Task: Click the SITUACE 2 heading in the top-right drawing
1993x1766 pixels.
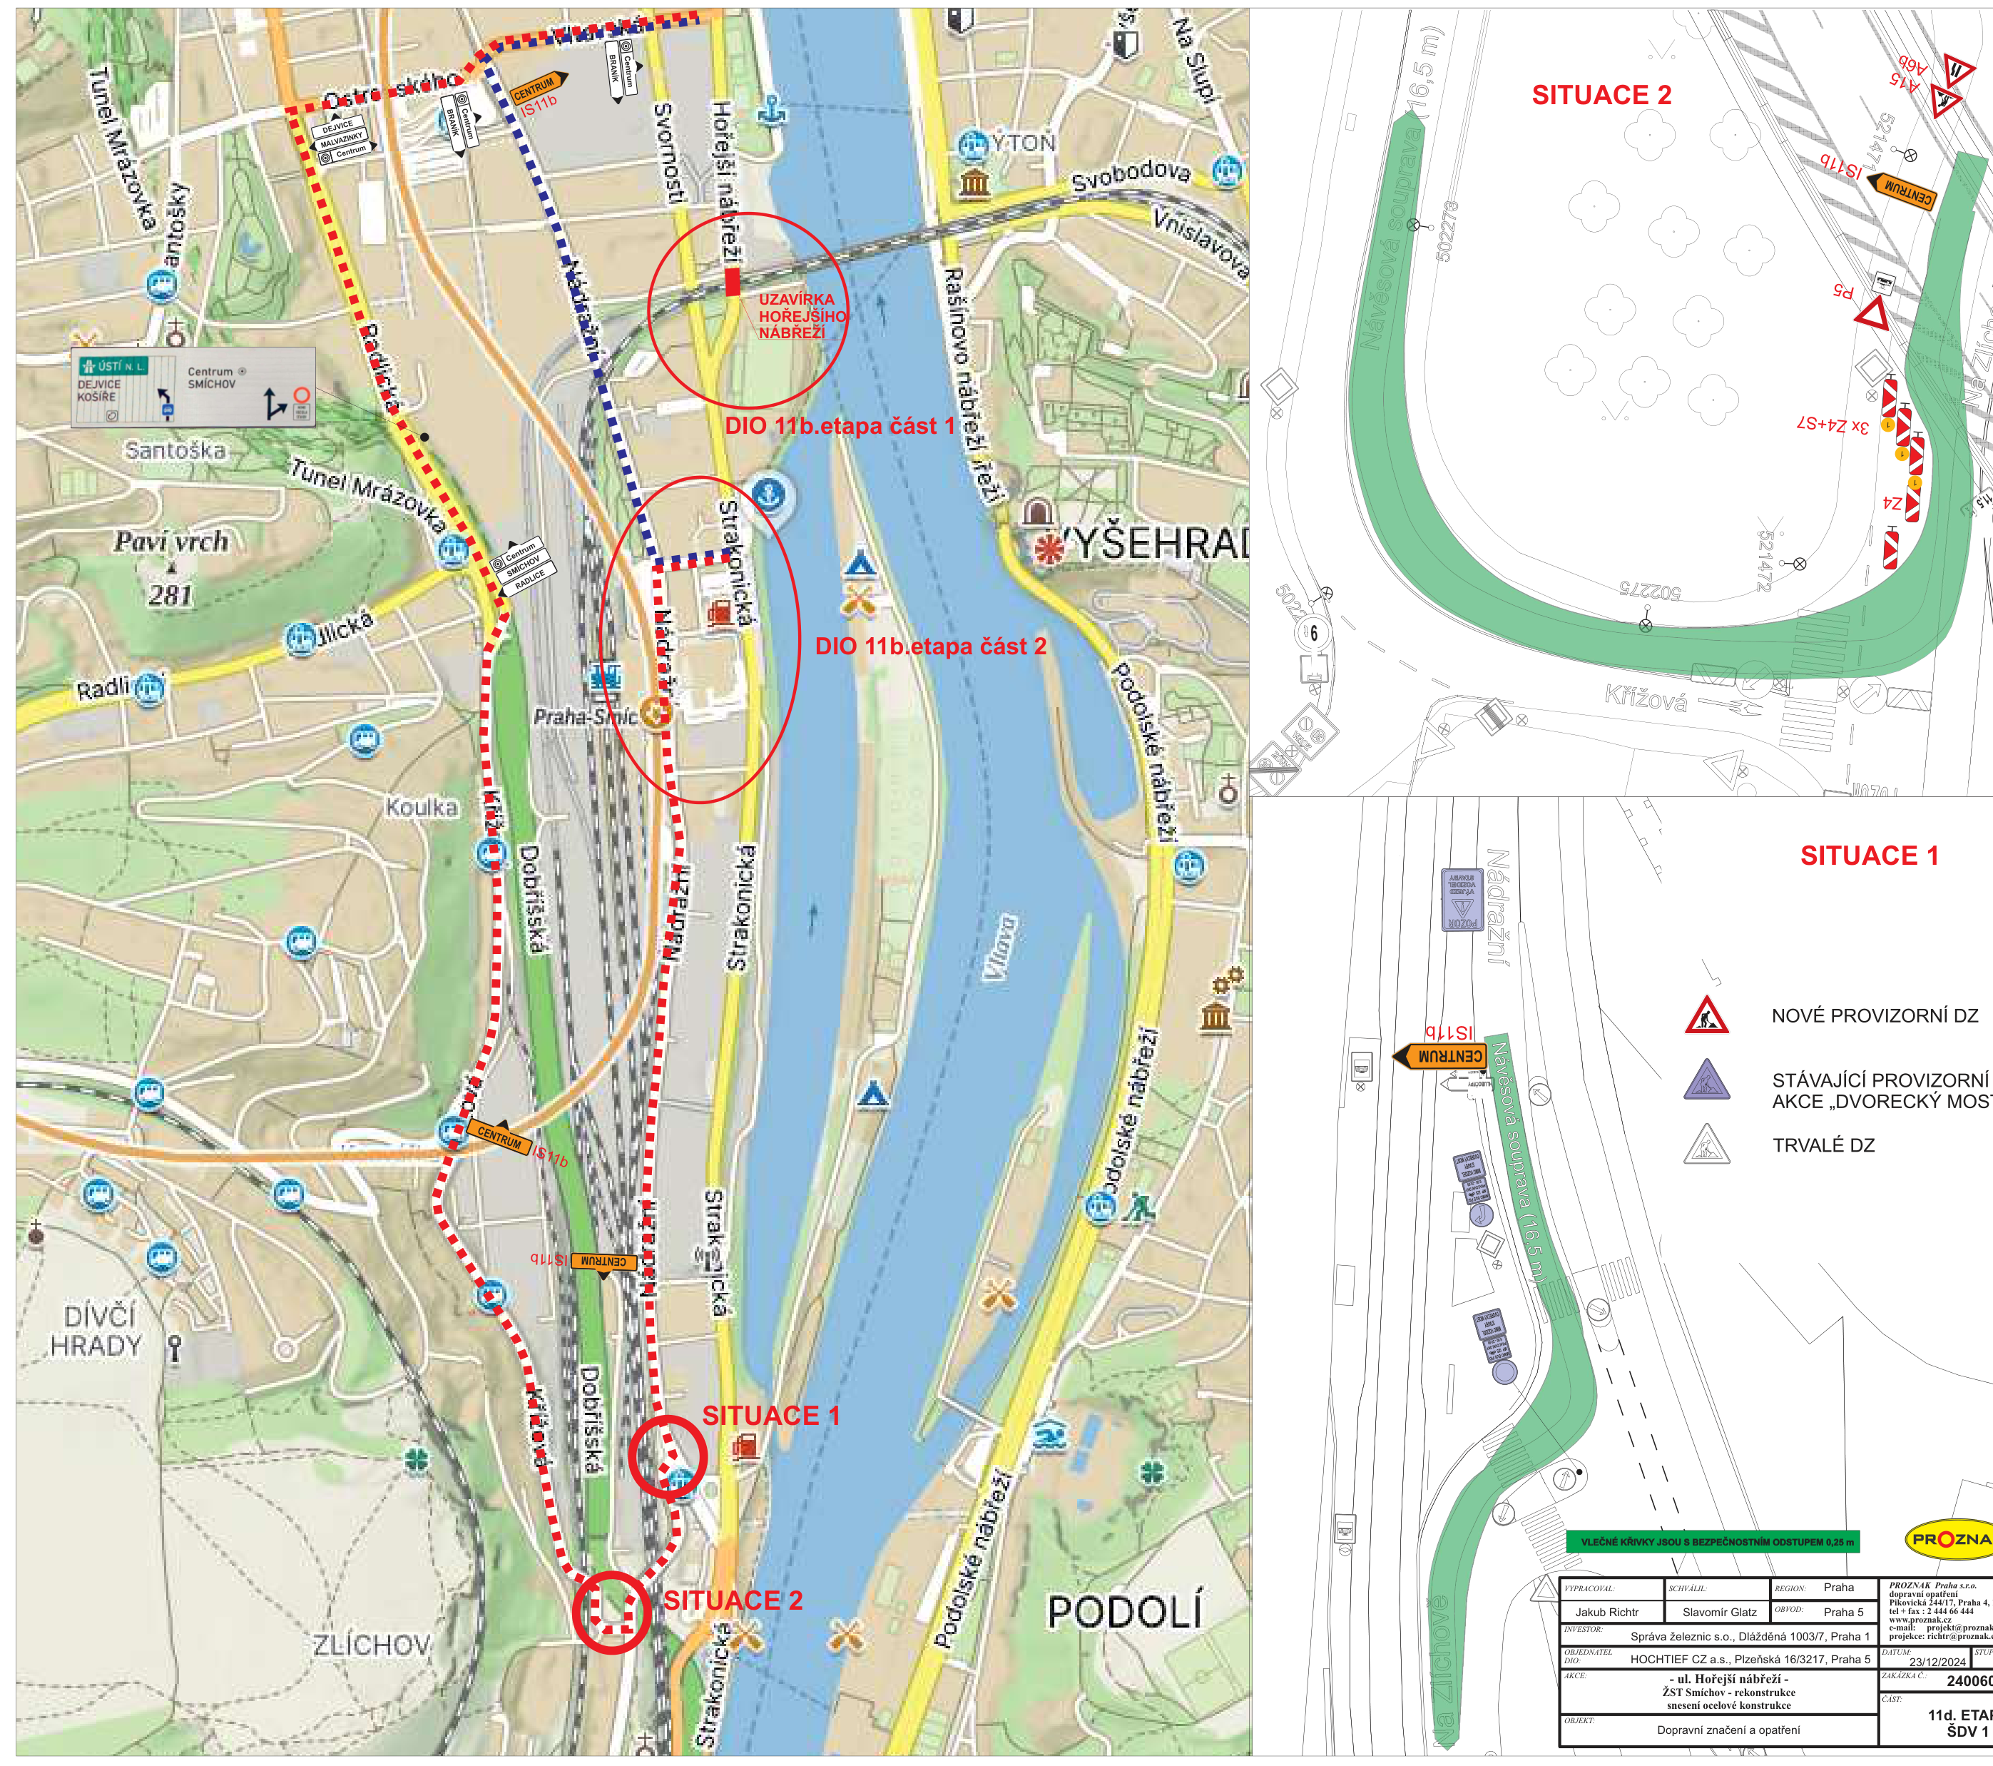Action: (x=1601, y=95)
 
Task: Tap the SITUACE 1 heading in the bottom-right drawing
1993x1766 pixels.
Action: (x=1868, y=856)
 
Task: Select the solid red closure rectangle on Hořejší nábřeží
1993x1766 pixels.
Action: (x=733, y=281)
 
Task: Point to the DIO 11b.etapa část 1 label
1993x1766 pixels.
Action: (x=840, y=426)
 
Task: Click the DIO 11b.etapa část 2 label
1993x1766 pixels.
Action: (x=930, y=646)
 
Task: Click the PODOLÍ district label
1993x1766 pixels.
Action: (x=1123, y=1612)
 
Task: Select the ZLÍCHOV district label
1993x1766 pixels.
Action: (x=372, y=1646)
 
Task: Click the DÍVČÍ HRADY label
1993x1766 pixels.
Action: (x=98, y=1330)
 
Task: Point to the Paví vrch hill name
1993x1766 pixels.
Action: (x=172, y=541)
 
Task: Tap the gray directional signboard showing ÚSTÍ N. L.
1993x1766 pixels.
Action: (x=193, y=387)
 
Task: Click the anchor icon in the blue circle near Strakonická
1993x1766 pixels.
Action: (x=770, y=495)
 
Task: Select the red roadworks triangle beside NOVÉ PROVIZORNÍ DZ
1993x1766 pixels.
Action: (x=1706, y=1015)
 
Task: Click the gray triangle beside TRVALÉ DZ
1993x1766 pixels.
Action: (x=1706, y=1145)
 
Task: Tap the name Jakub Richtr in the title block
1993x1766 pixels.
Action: (x=1607, y=1612)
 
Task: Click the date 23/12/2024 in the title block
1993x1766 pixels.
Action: (x=1937, y=1662)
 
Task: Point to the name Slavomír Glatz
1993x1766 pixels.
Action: (x=1719, y=1612)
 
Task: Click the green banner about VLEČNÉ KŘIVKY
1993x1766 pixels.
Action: (x=1712, y=1542)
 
